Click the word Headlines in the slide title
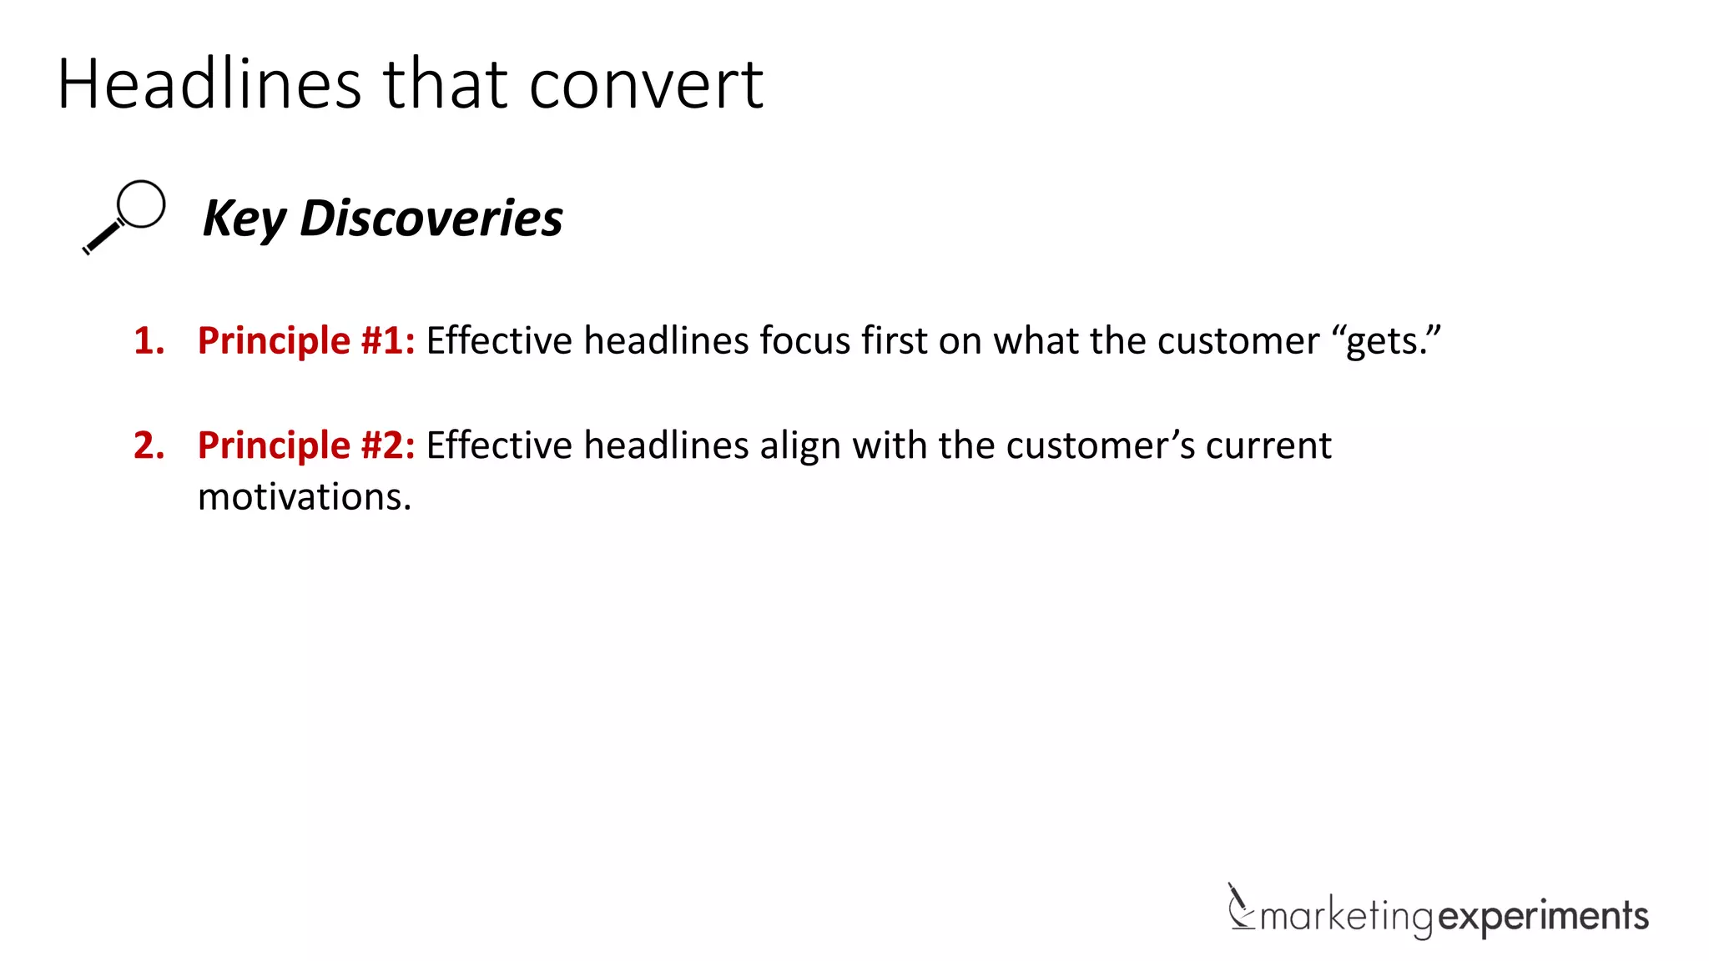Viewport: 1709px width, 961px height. pos(209,84)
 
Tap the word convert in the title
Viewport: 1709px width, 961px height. pos(646,84)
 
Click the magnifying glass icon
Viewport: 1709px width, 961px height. pos(124,216)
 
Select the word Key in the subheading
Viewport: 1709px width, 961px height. pos(244,219)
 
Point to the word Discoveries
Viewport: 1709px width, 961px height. pos(431,218)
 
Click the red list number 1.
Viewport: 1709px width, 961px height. pos(148,341)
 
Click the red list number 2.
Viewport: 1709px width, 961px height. pos(148,445)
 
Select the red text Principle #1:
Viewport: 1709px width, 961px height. pos(305,341)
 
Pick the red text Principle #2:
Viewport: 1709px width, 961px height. pos(305,445)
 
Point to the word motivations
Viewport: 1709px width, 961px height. pos(305,497)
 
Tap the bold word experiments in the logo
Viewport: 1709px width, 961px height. pos(1544,917)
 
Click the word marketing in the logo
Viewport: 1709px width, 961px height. pos(1346,917)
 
